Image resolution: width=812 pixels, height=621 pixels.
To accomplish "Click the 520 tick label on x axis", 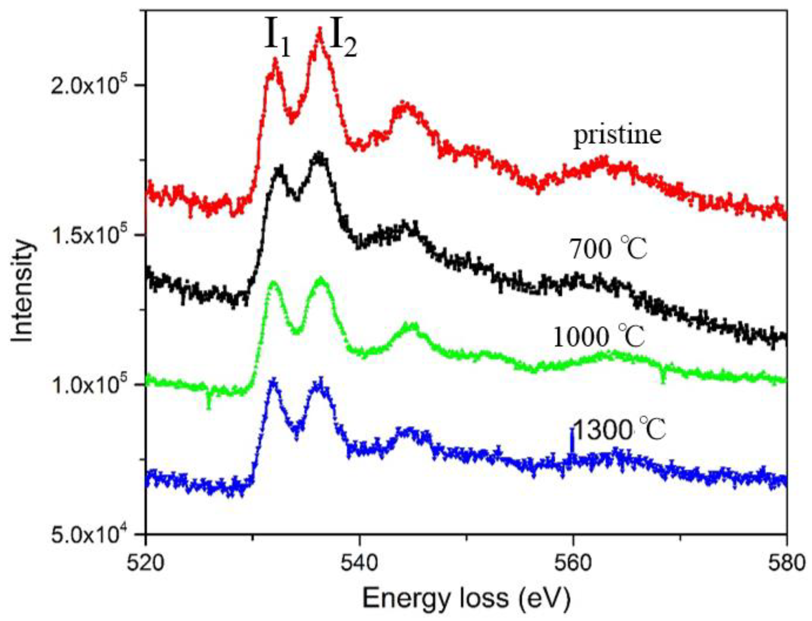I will pos(146,564).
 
